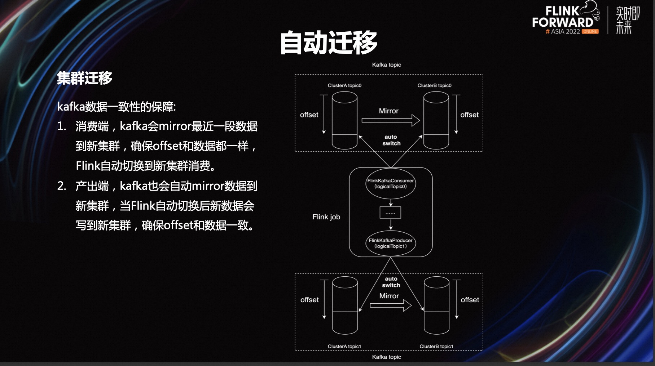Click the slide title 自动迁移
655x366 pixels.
[329, 43]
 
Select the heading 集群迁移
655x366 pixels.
[84, 78]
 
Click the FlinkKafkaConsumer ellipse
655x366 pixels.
[391, 183]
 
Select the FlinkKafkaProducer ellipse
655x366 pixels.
[391, 243]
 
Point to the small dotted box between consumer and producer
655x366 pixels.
[390, 213]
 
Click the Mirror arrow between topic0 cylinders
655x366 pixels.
[391, 120]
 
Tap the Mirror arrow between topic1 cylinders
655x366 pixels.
[391, 305]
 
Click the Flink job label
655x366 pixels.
[326, 217]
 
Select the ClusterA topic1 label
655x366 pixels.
[344, 346]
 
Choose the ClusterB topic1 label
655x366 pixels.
[436, 346]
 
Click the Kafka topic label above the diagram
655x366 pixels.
[386, 65]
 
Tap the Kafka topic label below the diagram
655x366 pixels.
[386, 357]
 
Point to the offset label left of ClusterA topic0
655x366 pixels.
[309, 115]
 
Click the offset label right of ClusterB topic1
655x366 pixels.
[470, 300]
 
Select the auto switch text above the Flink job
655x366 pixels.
[391, 140]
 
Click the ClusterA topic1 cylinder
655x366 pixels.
[345, 305]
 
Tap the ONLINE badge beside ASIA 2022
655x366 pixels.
[590, 32]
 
